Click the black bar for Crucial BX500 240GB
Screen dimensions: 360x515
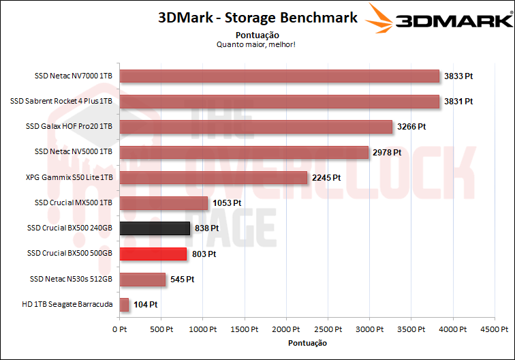[155, 228]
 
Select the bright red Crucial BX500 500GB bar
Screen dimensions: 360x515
[153, 254]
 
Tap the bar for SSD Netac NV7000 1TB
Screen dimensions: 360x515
[279, 76]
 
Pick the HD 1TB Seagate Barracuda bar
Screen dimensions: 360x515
[124, 305]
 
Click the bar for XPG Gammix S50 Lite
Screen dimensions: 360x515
[213, 177]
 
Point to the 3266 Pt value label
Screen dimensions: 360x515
[412, 127]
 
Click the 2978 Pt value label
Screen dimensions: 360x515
[387, 152]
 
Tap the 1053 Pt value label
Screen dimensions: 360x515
[227, 203]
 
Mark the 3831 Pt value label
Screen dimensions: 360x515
[458, 102]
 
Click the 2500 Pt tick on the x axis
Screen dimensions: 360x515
[329, 329]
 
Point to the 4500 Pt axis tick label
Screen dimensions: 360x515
[497, 329]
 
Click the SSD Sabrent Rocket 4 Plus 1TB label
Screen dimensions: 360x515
[61, 101]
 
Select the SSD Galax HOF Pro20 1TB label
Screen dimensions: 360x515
[69, 126]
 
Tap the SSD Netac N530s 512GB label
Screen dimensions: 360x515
[71, 279]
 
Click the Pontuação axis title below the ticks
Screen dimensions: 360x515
[307, 343]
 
